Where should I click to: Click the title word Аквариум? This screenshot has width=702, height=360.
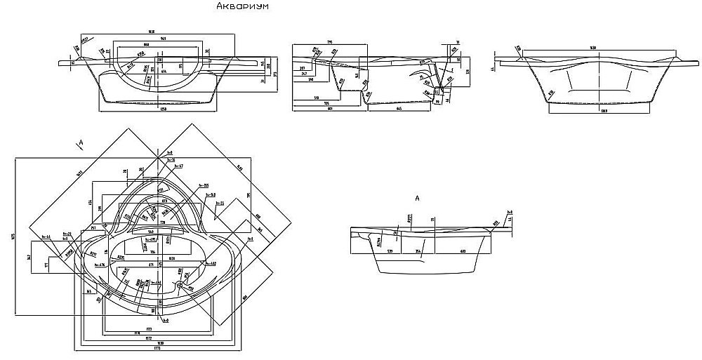242,7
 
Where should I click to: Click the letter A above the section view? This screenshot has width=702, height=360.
417,199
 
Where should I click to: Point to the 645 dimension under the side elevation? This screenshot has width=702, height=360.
397,109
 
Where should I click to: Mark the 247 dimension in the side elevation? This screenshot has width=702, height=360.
303,73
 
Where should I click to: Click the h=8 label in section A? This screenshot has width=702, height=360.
508,211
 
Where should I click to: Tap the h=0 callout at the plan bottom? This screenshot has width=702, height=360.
166,321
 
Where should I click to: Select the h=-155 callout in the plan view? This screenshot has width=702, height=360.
204,186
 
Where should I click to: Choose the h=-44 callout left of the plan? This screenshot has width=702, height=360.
46,236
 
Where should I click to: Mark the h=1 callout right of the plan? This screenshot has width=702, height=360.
249,239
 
